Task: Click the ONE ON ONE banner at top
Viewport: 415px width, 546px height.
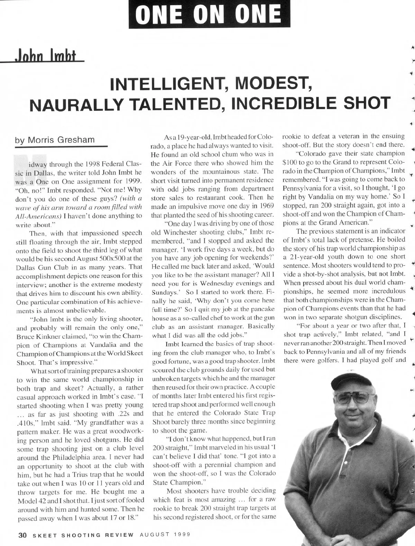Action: [x=207, y=14]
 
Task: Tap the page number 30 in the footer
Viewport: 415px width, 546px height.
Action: [x=22, y=535]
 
